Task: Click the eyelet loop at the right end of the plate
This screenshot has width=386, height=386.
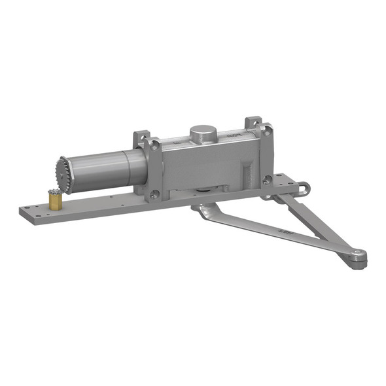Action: (302, 189)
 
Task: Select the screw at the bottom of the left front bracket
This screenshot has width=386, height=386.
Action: (154, 194)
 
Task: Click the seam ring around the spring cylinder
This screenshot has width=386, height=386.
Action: (128, 167)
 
